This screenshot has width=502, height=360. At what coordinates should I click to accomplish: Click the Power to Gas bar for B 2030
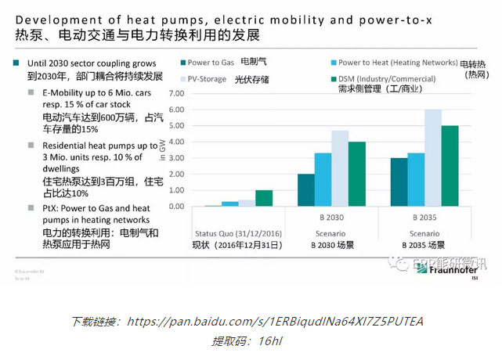pyautogui.click(x=305, y=190)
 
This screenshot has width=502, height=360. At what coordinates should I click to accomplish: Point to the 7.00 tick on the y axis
pyautogui.click(x=196, y=92)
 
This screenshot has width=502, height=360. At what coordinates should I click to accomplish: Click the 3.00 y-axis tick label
pyautogui.click(x=196, y=157)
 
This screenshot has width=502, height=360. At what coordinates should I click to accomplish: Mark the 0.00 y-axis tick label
pyautogui.click(x=196, y=207)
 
